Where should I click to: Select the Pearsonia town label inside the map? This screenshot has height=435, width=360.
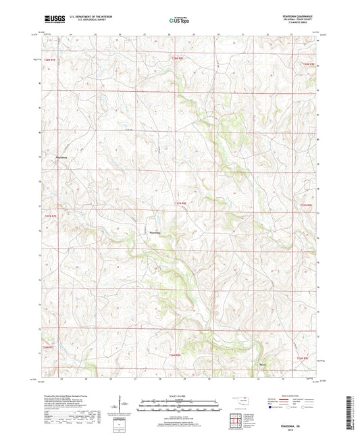click(155, 232)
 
